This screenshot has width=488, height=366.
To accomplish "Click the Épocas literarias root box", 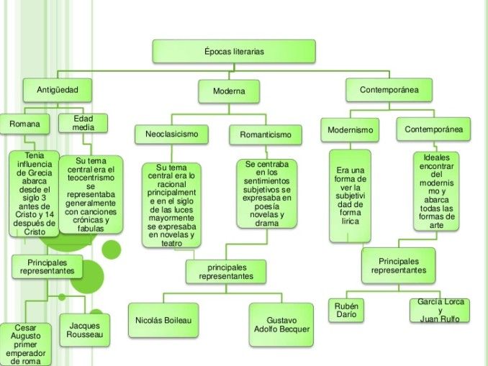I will [x=234, y=52].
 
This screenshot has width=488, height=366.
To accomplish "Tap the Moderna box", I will [x=228, y=91].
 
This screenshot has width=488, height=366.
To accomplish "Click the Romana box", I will [x=24, y=124].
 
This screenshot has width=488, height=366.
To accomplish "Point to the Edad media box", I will [x=83, y=123].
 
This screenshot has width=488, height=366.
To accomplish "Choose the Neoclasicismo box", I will [x=171, y=134].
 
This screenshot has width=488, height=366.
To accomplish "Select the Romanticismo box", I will [x=266, y=134].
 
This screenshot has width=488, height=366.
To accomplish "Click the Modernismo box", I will [x=350, y=130].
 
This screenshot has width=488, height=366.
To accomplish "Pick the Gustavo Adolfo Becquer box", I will [x=281, y=324].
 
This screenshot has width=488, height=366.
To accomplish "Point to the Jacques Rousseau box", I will [x=84, y=330].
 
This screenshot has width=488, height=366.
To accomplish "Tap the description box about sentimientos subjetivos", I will [x=266, y=193].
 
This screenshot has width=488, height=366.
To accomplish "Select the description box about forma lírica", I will [x=350, y=195].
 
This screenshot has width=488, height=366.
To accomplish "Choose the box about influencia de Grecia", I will [x=34, y=193].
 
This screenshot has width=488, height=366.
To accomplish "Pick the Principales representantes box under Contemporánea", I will [x=398, y=265].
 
